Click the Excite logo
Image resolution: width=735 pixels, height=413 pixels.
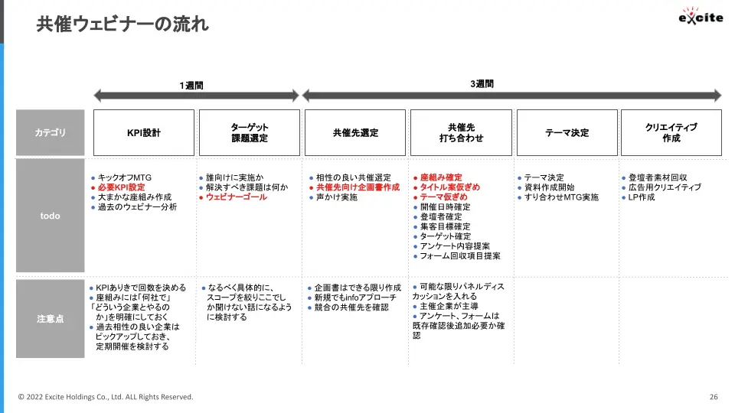tap(701, 16)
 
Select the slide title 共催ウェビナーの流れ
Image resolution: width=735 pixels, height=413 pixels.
tap(122, 24)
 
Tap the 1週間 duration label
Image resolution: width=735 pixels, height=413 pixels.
tap(191, 85)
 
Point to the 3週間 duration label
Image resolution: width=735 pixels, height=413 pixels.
tap(482, 84)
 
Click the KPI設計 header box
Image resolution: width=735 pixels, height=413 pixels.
tap(144, 132)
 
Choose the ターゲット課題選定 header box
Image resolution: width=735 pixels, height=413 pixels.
tap(250, 132)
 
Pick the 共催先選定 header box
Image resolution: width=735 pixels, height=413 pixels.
tap(355, 132)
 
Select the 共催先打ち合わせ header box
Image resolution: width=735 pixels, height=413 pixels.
tap(461, 132)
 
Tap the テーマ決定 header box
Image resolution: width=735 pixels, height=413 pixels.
tap(567, 132)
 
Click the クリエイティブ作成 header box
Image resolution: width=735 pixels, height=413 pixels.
tap(671, 132)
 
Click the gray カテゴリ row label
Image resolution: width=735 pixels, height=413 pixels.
tap(51, 132)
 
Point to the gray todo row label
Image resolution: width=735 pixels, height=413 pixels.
tap(51, 216)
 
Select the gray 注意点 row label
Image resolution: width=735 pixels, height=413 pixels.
tap(51, 319)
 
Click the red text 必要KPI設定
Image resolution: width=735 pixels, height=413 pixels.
tap(122, 187)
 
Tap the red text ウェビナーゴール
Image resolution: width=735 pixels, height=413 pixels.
tap(237, 197)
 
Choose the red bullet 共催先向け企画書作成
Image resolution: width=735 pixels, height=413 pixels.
tap(358, 187)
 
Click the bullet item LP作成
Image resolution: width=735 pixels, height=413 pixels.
tap(642, 197)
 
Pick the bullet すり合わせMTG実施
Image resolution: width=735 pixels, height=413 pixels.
tap(561, 197)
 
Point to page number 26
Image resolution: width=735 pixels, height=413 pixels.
tap(714, 397)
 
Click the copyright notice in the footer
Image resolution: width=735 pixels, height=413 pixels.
tap(106, 397)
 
